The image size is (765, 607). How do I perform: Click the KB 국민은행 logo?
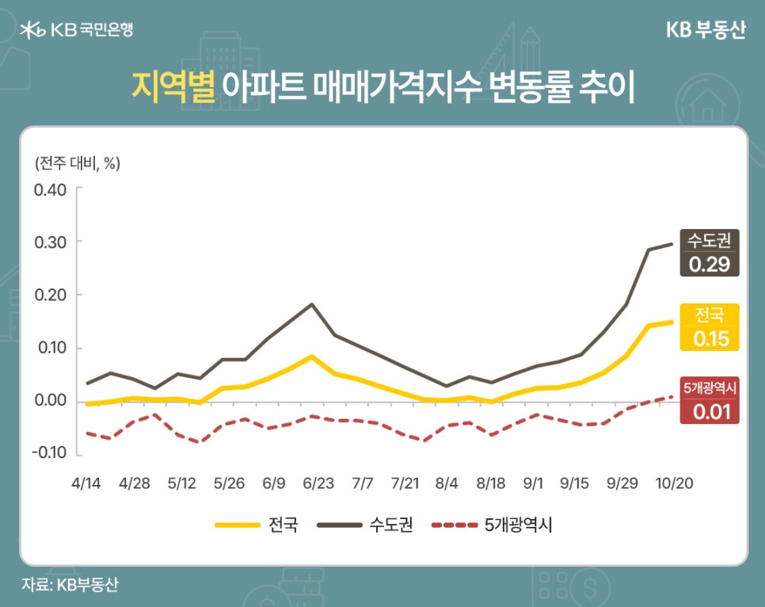click(x=77, y=30)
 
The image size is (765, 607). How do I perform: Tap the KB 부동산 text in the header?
click(x=706, y=30)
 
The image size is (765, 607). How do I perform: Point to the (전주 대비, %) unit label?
click(x=77, y=163)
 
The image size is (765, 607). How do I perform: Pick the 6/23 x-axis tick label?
click(x=318, y=483)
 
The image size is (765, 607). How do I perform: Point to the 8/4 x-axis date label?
click(x=447, y=483)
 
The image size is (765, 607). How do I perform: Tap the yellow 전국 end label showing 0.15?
click(x=709, y=327)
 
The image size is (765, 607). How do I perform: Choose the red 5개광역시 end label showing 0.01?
click(x=709, y=400)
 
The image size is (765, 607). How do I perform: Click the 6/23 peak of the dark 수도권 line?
click(x=312, y=304)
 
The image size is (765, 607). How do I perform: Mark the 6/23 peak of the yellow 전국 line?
click(x=312, y=357)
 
